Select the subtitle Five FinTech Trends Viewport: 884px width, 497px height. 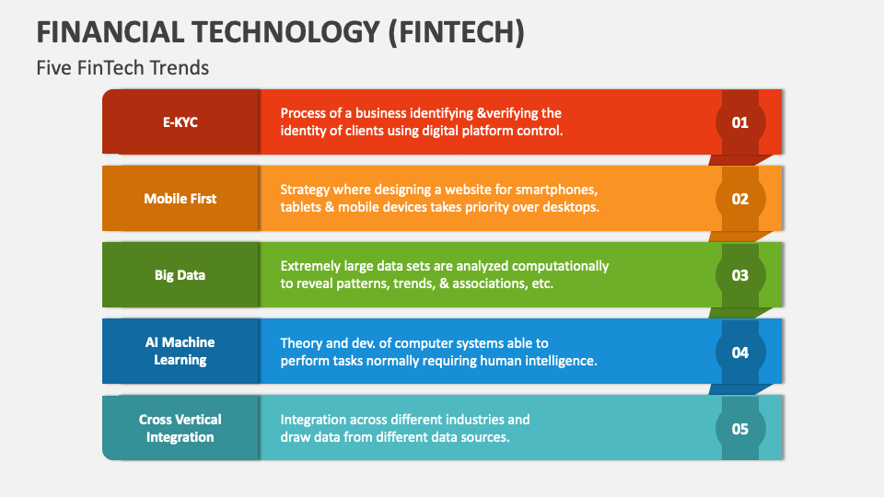coord(122,68)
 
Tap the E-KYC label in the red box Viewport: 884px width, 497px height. coord(180,121)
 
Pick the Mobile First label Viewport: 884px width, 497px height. coord(180,198)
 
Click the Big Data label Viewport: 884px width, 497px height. coord(180,274)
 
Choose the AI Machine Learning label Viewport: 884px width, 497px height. coord(180,351)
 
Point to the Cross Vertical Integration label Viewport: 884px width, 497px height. coord(180,428)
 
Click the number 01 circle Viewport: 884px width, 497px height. coord(739,121)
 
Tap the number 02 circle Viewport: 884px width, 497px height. coord(739,198)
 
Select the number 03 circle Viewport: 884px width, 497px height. coord(739,274)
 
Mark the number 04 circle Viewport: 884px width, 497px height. coord(739,352)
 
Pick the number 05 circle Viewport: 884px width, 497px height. coord(739,428)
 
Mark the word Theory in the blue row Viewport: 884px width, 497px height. coord(301,342)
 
